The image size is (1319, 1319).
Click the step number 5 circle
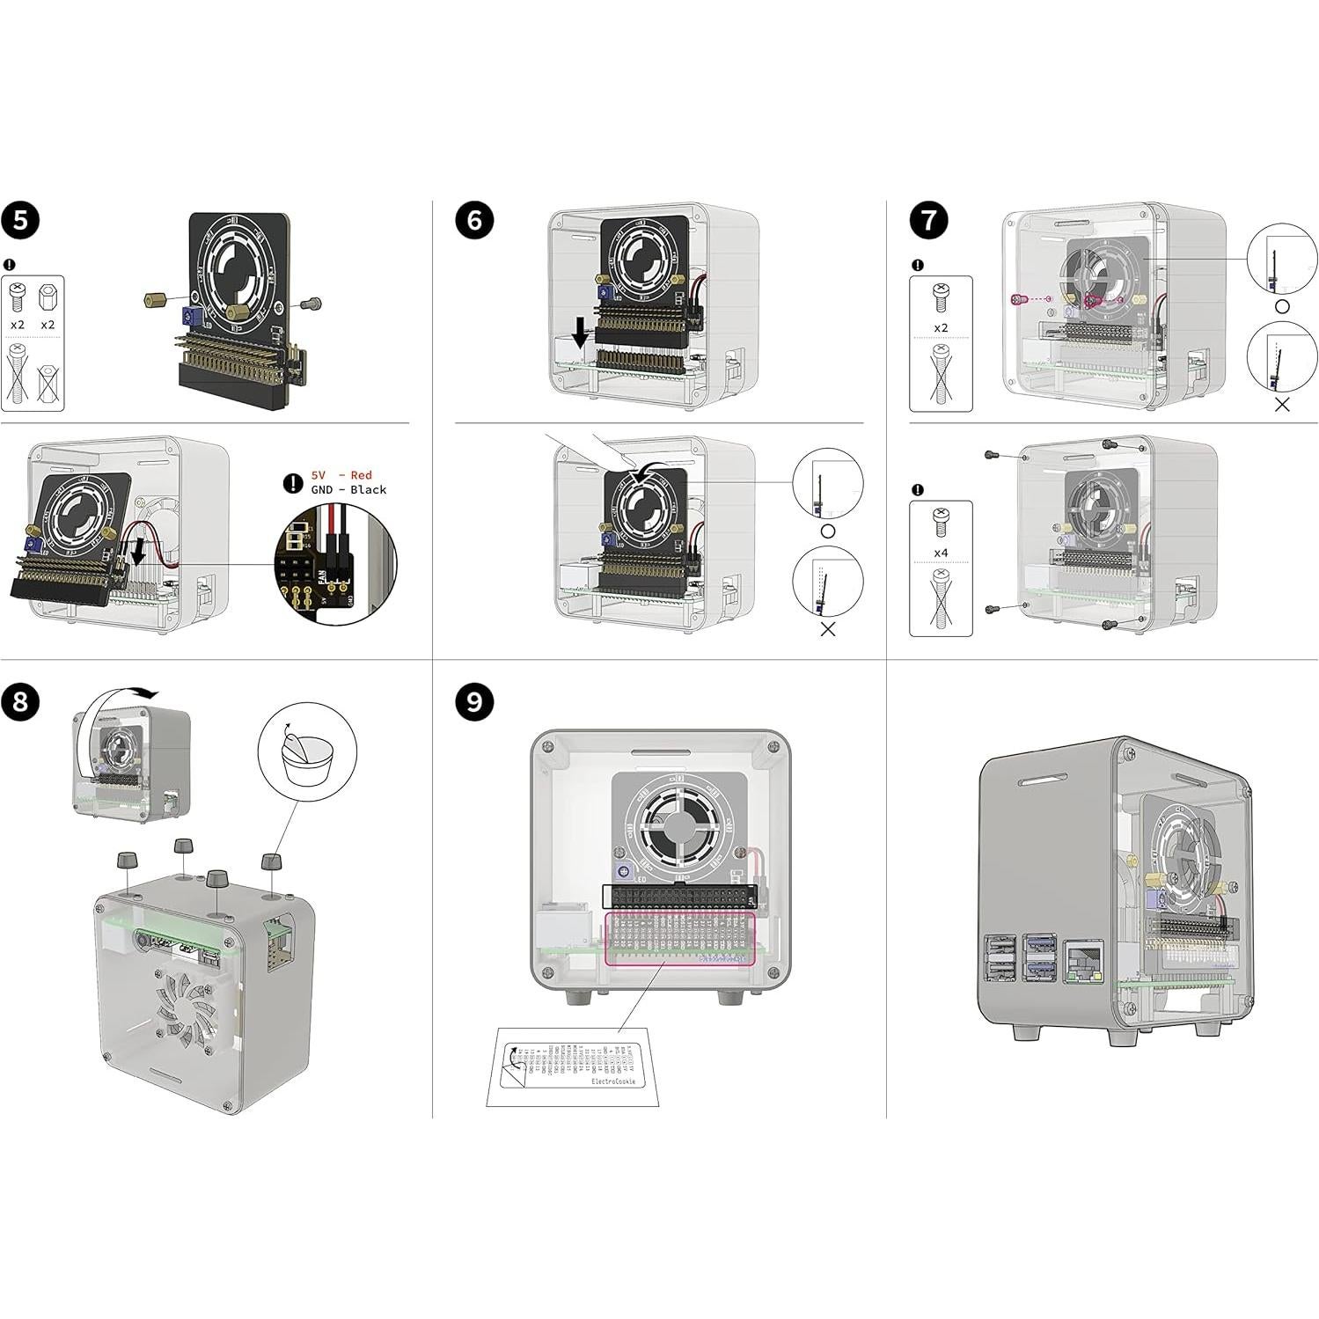point(20,220)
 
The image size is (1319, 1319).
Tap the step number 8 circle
point(20,702)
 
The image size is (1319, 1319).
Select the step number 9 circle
point(474,702)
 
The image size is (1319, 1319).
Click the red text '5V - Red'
point(342,475)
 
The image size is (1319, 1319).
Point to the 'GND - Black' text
point(348,490)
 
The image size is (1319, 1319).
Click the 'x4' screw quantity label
point(941,553)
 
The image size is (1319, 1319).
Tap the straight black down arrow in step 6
point(579,333)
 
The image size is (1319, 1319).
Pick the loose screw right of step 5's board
point(311,304)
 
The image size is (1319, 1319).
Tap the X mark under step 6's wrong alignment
point(827,629)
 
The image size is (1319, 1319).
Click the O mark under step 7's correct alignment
point(1282,306)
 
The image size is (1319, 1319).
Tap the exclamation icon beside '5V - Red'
point(292,483)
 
